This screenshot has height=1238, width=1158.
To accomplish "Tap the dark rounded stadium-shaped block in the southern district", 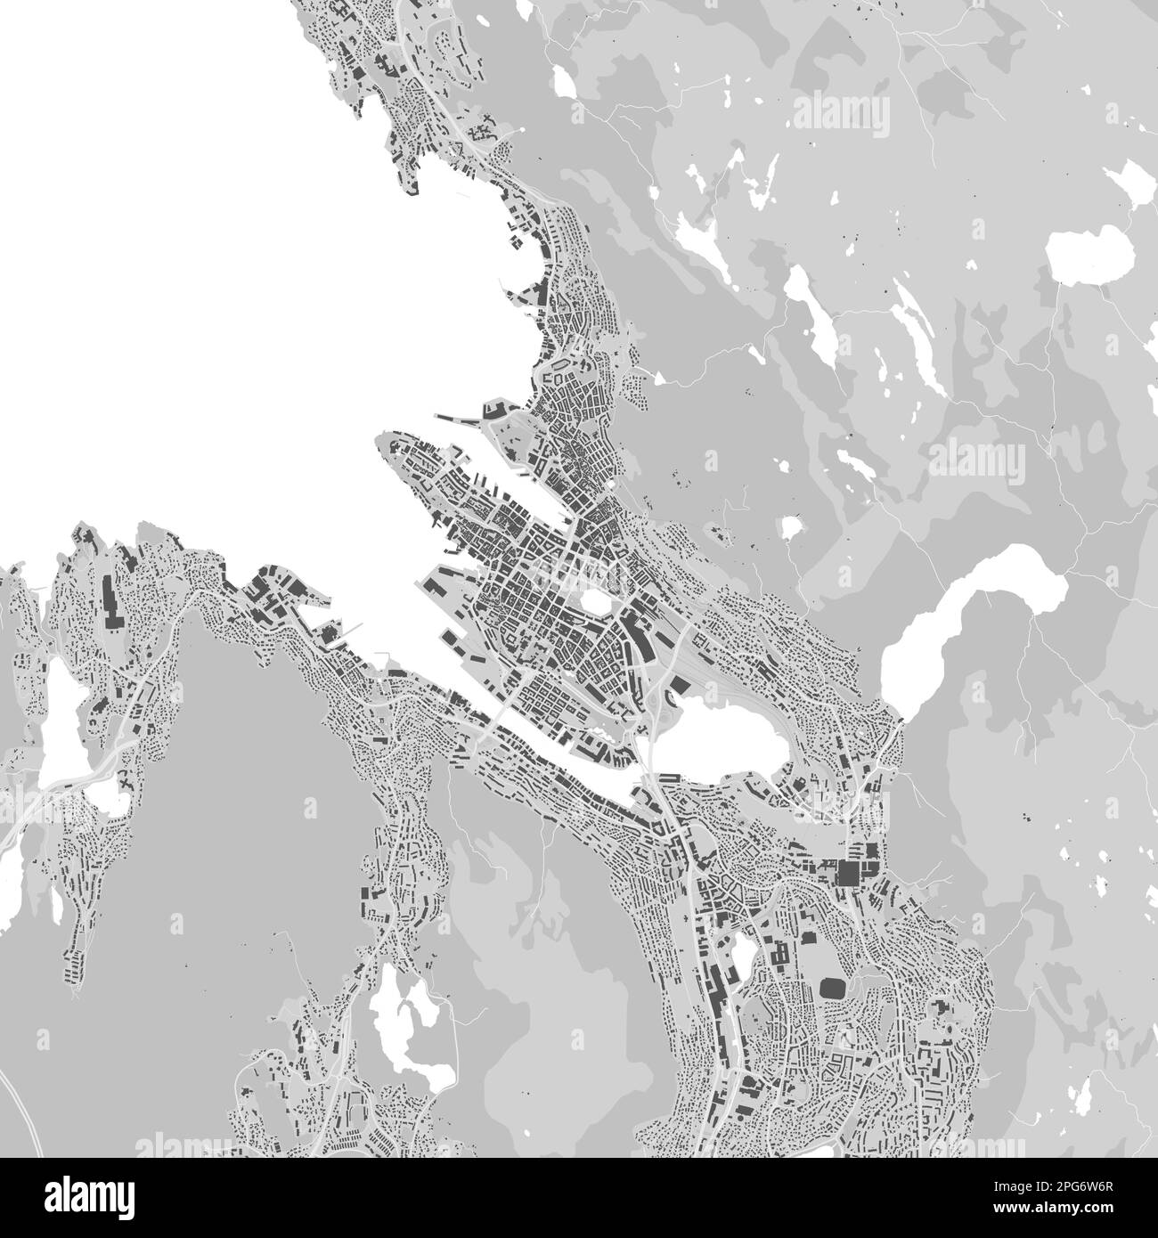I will (x=832, y=988).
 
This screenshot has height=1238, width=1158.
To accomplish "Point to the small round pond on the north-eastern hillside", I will (x=789, y=527).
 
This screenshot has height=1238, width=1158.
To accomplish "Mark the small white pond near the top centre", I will (x=564, y=82).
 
